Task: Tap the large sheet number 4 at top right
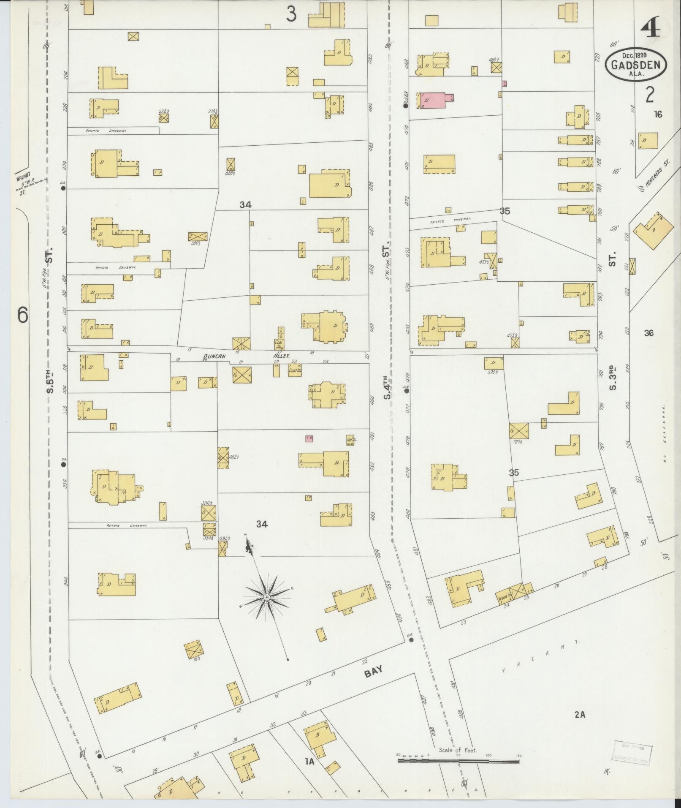click(x=650, y=30)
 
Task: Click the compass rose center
click(x=266, y=597)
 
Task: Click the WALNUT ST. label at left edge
click(x=23, y=185)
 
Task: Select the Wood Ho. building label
click(x=504, y=598)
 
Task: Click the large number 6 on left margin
click(x=22, y=315)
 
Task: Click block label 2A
click(x=580, y=715)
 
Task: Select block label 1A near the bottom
click(x=310, y=761)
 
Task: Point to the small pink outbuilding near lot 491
click(x=309, y=439)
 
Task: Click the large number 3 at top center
click(x=291, y=15)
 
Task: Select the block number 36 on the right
click(x=649, y=333)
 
